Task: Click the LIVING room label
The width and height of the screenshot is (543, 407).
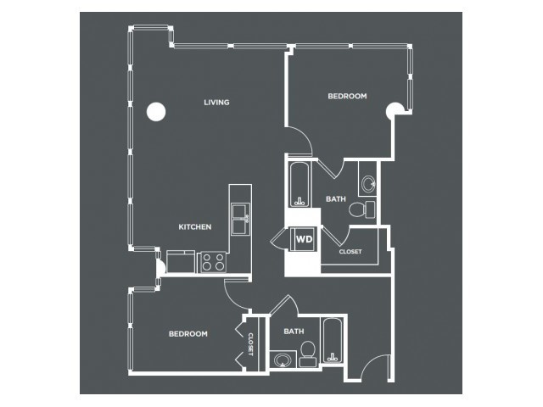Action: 216,103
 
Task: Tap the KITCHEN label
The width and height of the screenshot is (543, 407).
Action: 195,227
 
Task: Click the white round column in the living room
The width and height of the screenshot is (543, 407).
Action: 156,111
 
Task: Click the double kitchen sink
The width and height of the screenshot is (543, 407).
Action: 241,219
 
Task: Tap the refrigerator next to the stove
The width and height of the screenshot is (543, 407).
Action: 181,261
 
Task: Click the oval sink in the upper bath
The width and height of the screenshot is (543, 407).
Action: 367,183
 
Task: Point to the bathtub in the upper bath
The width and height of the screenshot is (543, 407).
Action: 299,185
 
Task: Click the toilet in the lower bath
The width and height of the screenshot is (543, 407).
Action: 307,354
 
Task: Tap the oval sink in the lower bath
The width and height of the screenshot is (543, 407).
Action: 283,360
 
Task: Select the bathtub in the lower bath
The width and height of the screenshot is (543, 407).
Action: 332,341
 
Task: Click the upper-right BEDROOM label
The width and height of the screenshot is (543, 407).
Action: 347,96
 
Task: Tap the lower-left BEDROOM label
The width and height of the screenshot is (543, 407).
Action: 188,334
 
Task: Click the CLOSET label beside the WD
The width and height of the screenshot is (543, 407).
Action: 350,252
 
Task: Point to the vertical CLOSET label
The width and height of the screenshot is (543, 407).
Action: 251,344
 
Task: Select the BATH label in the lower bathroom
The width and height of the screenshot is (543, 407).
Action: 294,332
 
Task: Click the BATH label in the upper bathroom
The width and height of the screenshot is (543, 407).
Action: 336,199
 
